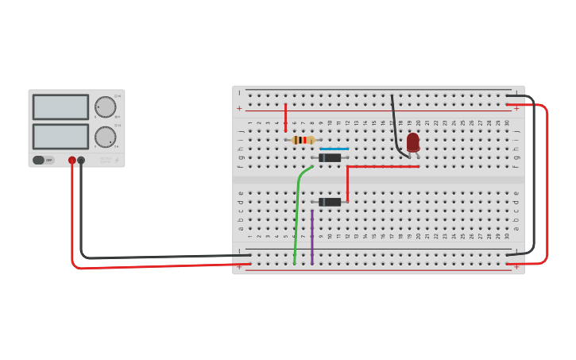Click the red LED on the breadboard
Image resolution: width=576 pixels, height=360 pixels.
(412, 142)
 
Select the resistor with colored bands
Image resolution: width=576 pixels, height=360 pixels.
(303, 140)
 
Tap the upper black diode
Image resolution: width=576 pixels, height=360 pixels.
(330, 157)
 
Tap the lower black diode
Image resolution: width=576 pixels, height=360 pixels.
(330, 202)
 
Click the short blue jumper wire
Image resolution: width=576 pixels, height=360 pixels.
(334, 149)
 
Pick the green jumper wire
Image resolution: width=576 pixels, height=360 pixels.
(298, 207)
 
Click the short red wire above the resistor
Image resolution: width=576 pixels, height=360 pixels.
(285, 116)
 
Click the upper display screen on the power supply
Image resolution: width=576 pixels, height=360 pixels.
(60, 106)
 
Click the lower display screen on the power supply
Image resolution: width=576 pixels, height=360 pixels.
(60, 136)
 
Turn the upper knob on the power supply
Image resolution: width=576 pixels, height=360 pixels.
(105, 106)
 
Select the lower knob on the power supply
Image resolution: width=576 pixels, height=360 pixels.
(105, 137)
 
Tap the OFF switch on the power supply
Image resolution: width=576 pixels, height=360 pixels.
(43, 160)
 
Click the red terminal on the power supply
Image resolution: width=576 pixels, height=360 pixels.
(72, 161)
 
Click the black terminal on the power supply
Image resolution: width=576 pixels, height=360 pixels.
(81, 161)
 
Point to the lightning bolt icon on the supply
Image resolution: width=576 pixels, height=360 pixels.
(118, 161)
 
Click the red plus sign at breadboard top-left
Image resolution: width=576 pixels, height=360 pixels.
(239, 108)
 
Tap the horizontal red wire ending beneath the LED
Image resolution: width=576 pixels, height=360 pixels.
(381, 167)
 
